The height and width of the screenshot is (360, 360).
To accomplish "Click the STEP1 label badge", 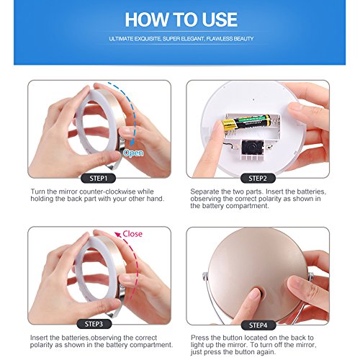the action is [99, 179].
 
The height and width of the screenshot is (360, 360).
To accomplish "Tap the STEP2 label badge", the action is [258, 179].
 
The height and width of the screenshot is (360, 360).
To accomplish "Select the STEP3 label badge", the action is [94, 324].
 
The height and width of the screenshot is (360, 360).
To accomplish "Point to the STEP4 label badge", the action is [258, 325].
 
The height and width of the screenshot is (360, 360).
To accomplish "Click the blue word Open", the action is [133, 153].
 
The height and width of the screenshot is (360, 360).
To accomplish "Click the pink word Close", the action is [132, 234].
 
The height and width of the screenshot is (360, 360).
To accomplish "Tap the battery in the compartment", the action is [246, 122].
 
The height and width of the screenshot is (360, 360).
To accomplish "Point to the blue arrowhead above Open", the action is [132, 143].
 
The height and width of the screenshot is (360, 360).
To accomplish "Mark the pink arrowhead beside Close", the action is [118, 234].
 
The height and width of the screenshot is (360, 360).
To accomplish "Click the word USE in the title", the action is [220, 19].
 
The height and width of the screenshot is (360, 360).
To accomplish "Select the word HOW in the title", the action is [147, 19].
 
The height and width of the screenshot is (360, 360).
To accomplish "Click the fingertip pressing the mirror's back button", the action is [253, 294].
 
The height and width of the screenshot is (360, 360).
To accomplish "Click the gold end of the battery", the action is [228, 125].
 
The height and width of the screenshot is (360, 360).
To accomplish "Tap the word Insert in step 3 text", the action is [39, 338].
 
